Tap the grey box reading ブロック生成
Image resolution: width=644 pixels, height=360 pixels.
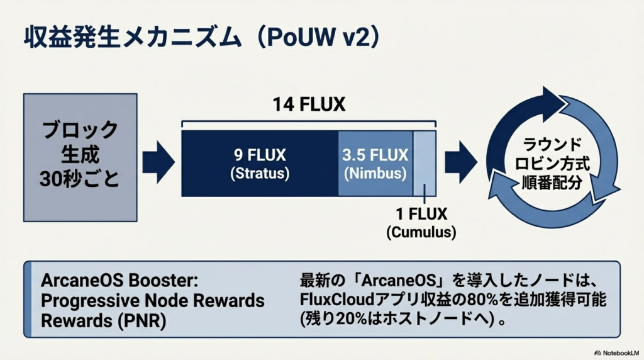(80, 142)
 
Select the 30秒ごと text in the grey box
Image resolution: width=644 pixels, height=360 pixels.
(80, 179)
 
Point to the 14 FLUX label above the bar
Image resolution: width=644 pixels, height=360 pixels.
(309, 104)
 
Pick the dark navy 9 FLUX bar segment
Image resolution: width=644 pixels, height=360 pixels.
(259, 163)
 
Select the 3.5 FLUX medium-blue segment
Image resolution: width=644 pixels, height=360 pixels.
(375, 163)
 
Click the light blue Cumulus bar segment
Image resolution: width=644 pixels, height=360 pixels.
(425, 163)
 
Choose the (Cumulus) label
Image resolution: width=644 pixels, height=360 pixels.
(421, 232)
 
